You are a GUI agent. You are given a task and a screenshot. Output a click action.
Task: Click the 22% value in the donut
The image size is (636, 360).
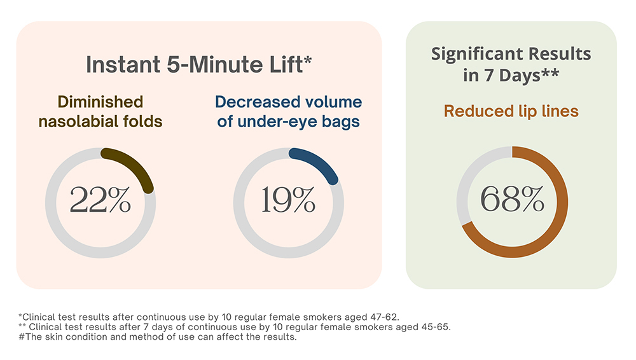point(100,200)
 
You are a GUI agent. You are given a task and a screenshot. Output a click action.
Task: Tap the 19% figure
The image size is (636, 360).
point(288,200)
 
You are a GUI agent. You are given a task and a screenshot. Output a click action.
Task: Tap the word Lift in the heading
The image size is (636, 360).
point(293,65)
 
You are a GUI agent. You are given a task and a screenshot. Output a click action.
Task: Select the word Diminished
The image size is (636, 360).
point(100,102)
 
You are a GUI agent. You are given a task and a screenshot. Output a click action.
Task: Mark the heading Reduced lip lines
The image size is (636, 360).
point(511,111)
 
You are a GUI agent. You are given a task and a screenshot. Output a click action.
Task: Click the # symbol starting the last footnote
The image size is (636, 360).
point(22,337)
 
